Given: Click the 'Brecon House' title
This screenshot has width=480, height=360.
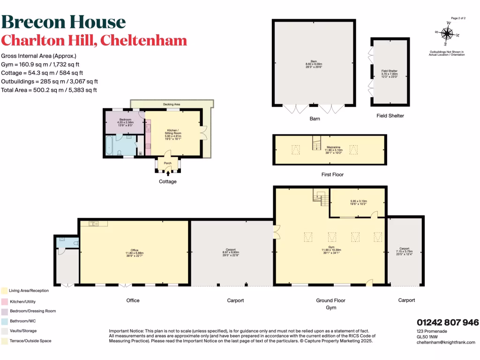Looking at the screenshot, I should click(64, 22).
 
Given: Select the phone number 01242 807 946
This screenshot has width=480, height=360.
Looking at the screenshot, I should click(448, 322).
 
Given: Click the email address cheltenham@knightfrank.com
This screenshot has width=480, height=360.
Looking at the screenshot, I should click(446, 342).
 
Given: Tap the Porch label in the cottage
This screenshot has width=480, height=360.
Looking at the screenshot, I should click(168, 163).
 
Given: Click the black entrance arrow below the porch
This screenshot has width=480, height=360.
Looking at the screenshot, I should click(168, 173).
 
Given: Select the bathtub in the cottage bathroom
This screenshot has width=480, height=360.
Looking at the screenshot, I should click(110, 146).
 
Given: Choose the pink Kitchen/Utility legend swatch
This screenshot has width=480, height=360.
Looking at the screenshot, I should click(4, 301).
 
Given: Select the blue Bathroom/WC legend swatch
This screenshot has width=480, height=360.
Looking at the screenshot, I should click(4, 321).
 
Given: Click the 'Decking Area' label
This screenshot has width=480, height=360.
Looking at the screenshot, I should click(172, 104).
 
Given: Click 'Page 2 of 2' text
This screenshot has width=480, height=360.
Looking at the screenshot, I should click(458, 18).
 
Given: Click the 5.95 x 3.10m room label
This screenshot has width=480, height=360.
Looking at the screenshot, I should click(358, 202).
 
